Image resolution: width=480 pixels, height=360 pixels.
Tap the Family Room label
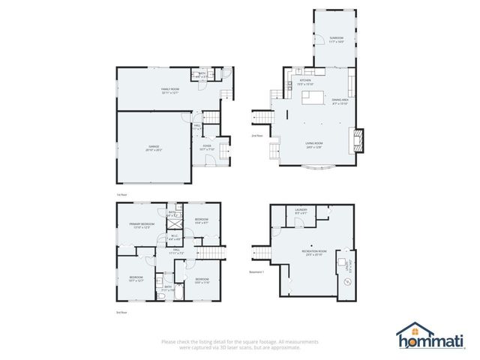point(169,91)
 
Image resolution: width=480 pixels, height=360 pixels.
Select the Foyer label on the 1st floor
point(207,148)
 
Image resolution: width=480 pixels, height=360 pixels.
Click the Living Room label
point(313,145)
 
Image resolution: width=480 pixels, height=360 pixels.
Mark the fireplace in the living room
point(359,139)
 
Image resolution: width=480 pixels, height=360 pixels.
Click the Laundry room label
point(301,211)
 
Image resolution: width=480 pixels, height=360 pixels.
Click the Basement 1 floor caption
point(257,272)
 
